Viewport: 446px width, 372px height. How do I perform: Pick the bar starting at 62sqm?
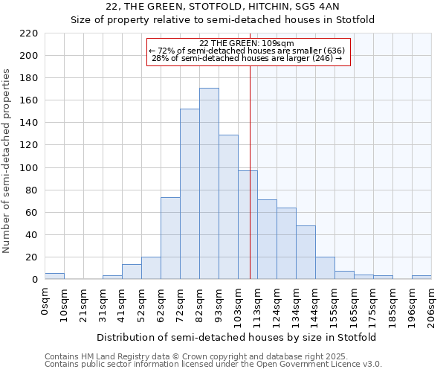[x=170, y=238]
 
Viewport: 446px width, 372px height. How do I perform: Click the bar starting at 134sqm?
[x=306, y=252]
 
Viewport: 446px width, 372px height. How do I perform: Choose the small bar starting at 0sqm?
[x=54, y=276]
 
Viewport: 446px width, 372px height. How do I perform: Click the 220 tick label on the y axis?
[x=29, y=33]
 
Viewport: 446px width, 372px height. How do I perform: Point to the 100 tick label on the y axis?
[x=29, y=168]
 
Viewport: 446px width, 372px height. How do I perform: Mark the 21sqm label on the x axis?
[x=83, y=305]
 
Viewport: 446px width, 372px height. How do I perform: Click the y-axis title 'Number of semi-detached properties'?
[x=7, y=161]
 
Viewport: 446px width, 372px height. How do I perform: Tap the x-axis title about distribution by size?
[x=236, y=337]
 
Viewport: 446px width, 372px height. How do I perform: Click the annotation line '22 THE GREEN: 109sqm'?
[x=247, y=43]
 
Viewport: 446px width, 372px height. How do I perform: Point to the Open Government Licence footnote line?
[x=213, y=365]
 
